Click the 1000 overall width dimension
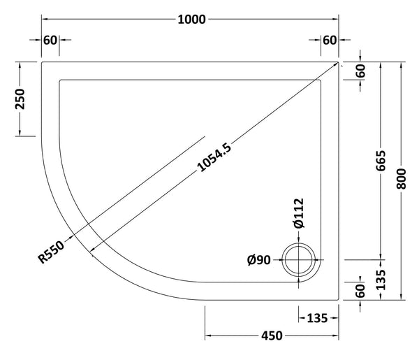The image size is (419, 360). pos(191,19)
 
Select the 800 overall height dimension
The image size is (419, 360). pos(400,180)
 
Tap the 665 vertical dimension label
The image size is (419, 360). pos(381,160)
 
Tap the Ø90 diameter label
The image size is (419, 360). pos(259,261)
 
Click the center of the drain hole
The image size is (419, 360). pos(300,262)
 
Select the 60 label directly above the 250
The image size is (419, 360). pos(50,39)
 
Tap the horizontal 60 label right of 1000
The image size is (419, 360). pos(330,39)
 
